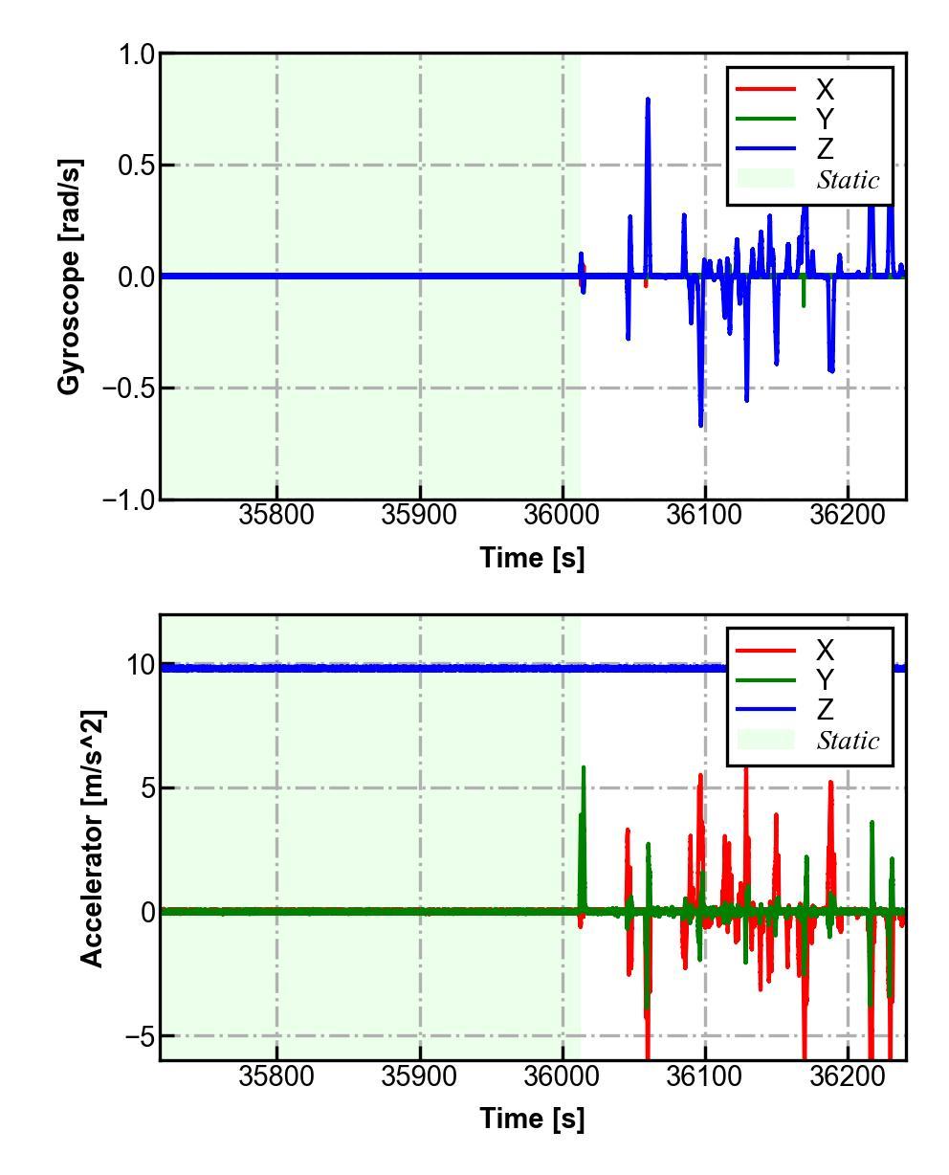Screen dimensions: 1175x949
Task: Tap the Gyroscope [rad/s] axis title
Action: pos(70,277)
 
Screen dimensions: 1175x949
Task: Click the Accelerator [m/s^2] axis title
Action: pos(92,838)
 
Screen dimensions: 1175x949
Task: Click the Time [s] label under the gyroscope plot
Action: pos(532,558)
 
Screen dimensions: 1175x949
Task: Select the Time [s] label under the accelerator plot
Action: pos(532,1118)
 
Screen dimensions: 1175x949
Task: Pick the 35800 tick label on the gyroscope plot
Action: pos(277,515)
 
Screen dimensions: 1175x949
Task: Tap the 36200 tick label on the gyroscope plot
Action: pos(848,515)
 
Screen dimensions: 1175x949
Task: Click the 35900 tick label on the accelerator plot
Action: pos(420,1075)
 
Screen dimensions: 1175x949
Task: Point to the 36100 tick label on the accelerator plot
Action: pos(705,1075)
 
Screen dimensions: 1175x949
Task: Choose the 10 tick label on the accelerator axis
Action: pos(140,665)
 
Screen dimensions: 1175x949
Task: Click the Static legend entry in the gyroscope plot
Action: pos(848,180)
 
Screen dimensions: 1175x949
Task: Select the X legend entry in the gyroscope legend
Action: pos(824,90)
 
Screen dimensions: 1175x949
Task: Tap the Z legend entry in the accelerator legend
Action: pos(824,709)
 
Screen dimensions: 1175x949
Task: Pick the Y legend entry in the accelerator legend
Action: pos(824,680)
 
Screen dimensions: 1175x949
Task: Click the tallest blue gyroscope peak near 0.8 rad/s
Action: pos(648,100)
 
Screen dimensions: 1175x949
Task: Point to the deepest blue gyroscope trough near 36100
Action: pos(700,424)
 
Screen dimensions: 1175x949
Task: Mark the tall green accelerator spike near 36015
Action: pos(584,768)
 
